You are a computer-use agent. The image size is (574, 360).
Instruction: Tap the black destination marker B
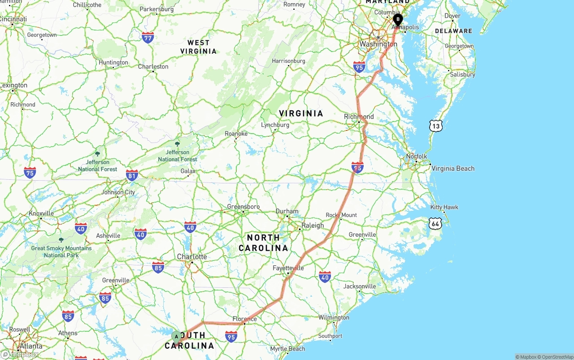coord(398,19)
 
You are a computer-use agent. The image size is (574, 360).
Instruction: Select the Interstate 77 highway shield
coord(148,37)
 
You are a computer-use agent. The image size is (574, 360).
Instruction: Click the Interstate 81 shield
coord(132,175)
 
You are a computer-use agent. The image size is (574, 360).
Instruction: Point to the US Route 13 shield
coord(435,126)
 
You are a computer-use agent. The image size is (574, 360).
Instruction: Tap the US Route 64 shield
coord(435,223)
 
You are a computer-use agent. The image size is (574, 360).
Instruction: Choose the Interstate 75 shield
coord(30,172)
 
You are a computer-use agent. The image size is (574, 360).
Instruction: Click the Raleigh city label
coord(313,226)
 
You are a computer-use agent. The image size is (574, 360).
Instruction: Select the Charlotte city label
coord(192,257)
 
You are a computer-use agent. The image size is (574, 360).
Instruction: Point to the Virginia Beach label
coord(452,169)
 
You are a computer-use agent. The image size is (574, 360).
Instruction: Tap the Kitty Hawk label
coord(444,207)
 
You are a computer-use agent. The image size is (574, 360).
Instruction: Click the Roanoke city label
coord(236,134)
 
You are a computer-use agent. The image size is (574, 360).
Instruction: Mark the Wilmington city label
coord(334,317)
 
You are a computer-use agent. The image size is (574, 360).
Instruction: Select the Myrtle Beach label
coord(287,349)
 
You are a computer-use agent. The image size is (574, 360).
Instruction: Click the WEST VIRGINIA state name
coord(198,47)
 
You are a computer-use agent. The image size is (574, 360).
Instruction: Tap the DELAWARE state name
coord(453,31)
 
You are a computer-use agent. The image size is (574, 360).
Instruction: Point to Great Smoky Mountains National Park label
coord(61,252)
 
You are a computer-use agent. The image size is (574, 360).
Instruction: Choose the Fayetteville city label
coord(288,268)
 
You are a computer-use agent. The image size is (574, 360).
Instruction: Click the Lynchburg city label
coord(275,125)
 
